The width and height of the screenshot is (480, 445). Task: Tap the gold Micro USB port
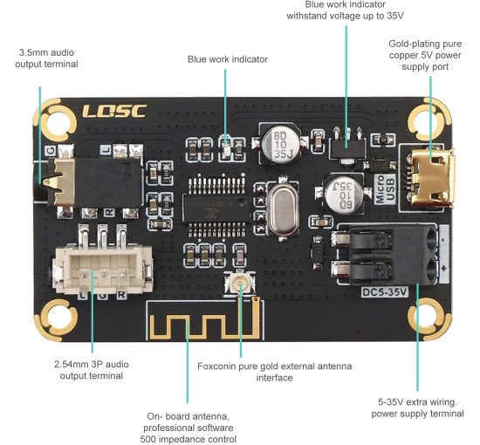(429, 173)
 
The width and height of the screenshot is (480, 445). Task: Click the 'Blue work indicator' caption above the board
(227, 59)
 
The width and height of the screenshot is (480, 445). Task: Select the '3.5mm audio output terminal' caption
(48, 58)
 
